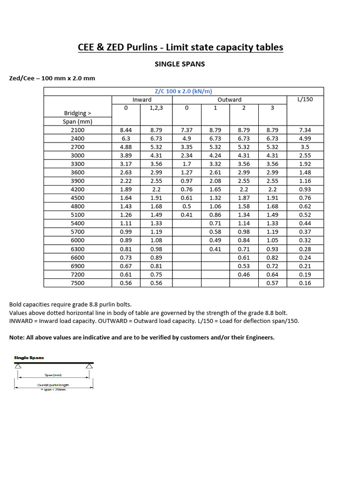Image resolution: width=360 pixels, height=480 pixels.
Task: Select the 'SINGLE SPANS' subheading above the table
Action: click(180, 64)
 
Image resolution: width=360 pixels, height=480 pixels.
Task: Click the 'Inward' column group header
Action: click(142, 99)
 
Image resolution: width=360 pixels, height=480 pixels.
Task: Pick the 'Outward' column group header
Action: click(229, 99)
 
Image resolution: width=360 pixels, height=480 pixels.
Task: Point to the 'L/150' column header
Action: click(305, 99)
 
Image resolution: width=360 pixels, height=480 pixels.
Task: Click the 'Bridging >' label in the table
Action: click(78, 113)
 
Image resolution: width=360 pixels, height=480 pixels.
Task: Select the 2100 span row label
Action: click(78, 130)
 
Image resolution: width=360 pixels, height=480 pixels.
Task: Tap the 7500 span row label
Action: click(78, 283)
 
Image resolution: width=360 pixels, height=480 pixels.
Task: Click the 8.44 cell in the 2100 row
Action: click(126, 130)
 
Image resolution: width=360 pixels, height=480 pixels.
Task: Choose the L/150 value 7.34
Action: click(305, 130)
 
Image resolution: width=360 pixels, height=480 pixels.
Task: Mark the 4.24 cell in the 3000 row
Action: click(215, 156)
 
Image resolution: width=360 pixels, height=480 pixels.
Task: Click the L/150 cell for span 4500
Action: click(305, 198)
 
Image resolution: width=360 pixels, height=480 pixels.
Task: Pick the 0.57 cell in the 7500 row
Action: click(272, 283)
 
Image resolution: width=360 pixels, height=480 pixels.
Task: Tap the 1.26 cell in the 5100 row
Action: click(126, 215)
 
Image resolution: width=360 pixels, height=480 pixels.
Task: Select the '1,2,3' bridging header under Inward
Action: click(156, 108)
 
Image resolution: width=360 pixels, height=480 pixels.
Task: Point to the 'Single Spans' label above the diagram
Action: click(29, 358)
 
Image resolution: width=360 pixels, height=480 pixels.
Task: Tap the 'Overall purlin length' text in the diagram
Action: click(53, 385)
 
